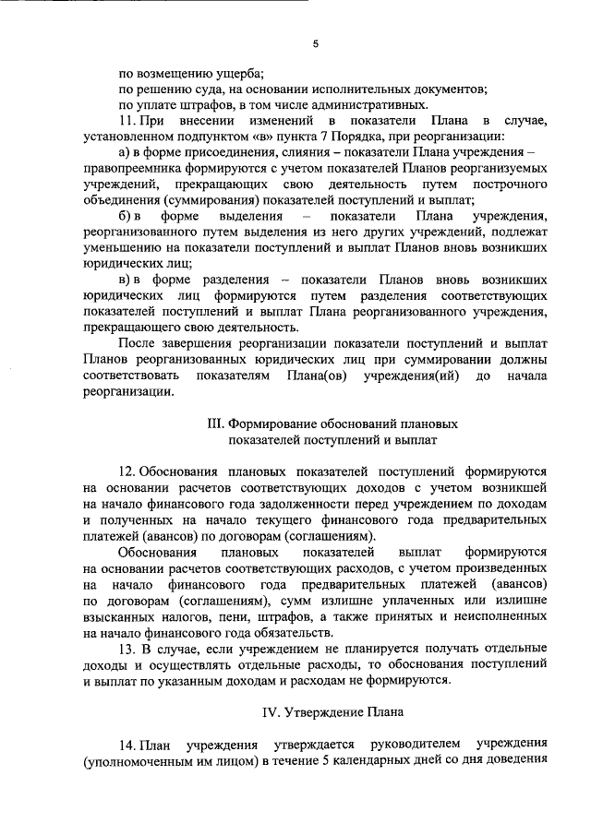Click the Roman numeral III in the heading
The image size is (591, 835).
(x=215, y=423)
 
